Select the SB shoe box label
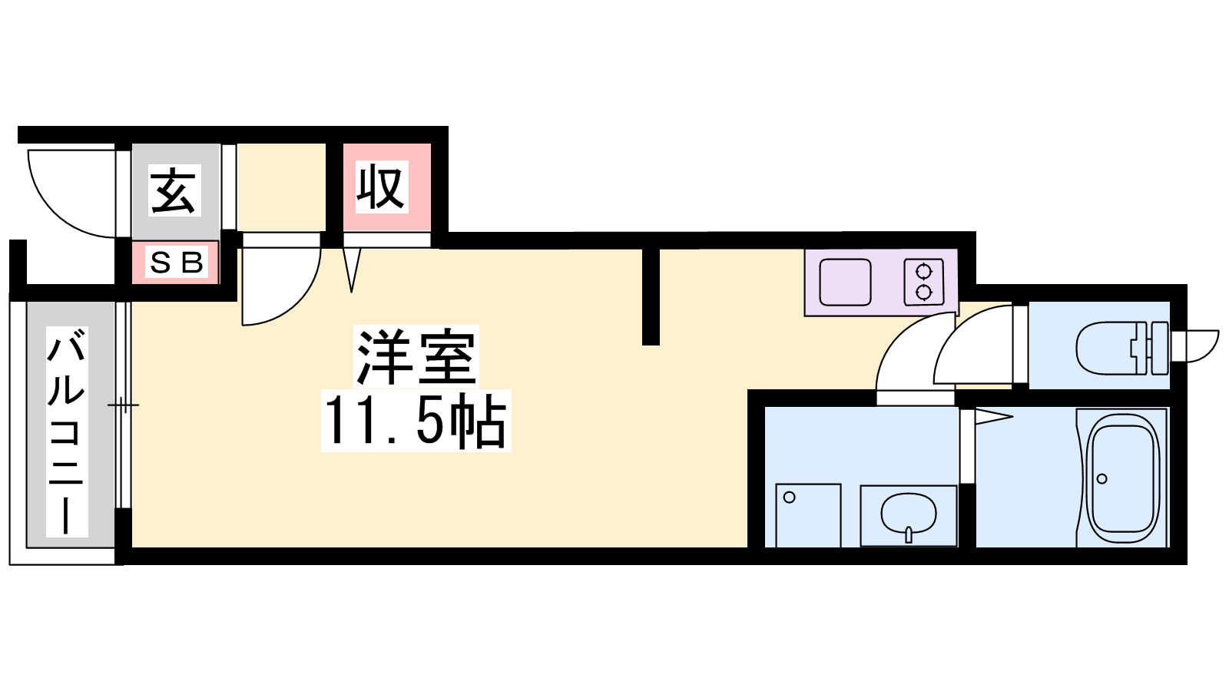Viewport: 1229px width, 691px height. pos(177,263)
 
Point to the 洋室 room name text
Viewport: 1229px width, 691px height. pos(416,357)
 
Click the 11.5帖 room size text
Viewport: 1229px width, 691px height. pos(416,422)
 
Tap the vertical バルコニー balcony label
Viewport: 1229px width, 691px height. pos(67,431)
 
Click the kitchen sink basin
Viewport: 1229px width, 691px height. pos(845,283)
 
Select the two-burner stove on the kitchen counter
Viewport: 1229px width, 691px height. pos(923,282)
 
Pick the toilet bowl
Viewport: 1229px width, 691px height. pos(1109,348)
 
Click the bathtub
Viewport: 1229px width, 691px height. pos(1124,478)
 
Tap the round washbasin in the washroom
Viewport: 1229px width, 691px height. pos(908,513)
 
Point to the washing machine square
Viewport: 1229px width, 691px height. pos(808,515)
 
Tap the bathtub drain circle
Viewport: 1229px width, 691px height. pos(1102,479)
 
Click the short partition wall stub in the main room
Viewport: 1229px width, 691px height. pos(651,296)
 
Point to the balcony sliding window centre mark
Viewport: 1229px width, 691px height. pos(123,405)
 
